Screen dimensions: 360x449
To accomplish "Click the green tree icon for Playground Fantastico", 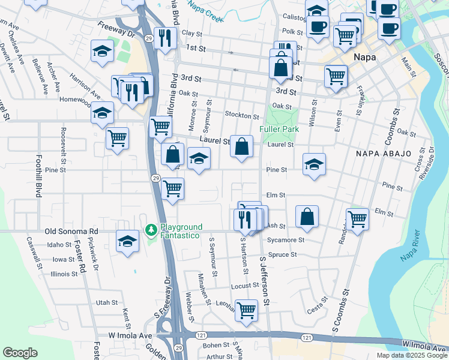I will [x=151, y=230].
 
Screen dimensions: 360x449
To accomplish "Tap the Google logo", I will [x=20, y=353].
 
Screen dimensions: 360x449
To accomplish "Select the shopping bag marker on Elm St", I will [x=307, y=217].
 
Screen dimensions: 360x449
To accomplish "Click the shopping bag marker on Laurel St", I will [x=241, y=146].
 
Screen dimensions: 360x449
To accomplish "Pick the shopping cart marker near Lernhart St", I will [x=246, y=310].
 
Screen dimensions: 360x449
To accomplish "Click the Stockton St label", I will [x=241, y=115].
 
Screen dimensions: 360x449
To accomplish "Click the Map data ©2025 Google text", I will [x=411, y=355].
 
